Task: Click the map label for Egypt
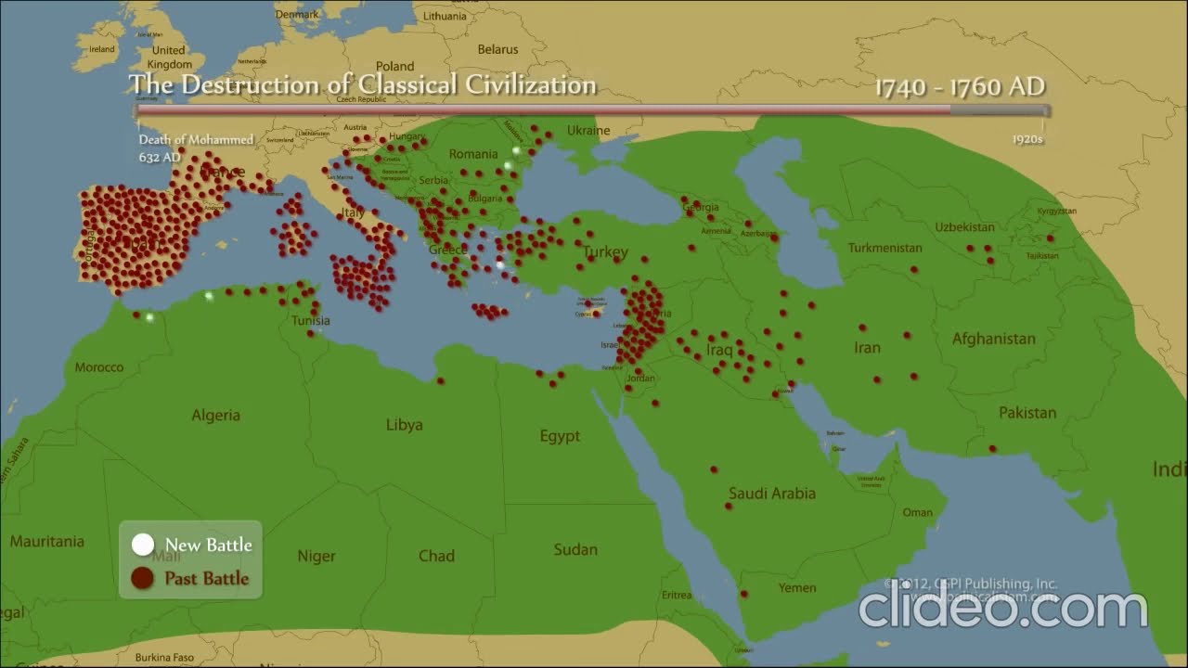coord(560,436)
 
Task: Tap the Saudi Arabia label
coord(771,494)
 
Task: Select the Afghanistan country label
coord(993,340)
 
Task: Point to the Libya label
coord(404,425)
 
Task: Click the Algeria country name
coord(215,416)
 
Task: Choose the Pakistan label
coord(1027,413)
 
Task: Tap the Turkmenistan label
coord(885,249)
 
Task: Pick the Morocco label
coord(98,367)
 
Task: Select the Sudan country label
coord(575,549)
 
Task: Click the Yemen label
coord(797,587)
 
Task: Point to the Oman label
coord(917,512)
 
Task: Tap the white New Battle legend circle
coord(142,545)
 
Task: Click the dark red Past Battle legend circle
coord(142,579)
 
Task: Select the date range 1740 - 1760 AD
coord(960,87)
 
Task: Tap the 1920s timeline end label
coord(1027,140)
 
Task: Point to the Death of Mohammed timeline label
coord(196,140)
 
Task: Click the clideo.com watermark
coord(1002,609)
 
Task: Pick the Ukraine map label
coord(588,131)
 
